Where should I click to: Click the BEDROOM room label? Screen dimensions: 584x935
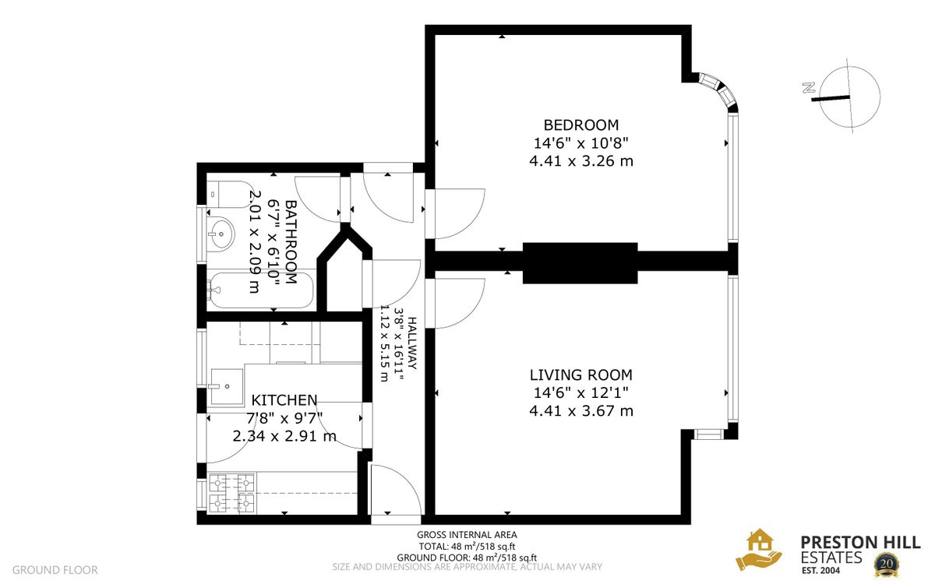coord(580,125)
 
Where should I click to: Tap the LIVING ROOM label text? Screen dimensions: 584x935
coord(580,375)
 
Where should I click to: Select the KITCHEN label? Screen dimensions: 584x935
coord(284,399)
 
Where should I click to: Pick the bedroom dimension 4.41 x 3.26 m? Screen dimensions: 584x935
coord(580,162)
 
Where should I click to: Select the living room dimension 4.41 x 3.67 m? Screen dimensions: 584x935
coord(580,410)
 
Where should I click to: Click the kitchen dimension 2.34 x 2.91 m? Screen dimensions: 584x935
coord(284,436)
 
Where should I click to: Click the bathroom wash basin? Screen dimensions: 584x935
coord(221,231)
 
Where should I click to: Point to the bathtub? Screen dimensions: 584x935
coord(261,290)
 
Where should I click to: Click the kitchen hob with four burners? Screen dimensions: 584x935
coord(232,494)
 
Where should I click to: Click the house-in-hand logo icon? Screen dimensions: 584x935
coord(759,550)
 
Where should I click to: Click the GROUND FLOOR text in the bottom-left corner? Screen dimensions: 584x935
coord(55,570)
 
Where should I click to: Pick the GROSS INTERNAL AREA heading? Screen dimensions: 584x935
coord(467,534)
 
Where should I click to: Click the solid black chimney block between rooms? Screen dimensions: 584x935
coord(580,262)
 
